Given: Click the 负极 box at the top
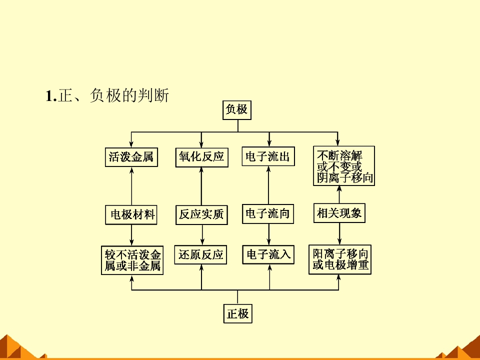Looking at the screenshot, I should pos(236,110).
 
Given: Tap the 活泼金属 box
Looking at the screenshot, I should pos(131,157).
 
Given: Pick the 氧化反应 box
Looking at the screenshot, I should pos(201,157).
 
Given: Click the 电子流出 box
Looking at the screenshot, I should pos(268,157).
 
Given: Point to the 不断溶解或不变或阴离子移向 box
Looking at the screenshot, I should pos(344,166).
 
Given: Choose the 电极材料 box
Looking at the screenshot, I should pos(132,215).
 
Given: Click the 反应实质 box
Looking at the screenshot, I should pos(201,215).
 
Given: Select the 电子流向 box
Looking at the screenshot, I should pos(268,214).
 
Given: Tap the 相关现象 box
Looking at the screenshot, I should pos(339,213).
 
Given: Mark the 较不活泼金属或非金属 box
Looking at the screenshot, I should pos(132,260).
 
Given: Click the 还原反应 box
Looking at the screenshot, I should pos(200,254).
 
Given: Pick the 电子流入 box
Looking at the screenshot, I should pos(268,254).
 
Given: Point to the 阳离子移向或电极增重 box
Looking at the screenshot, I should pos(340,259).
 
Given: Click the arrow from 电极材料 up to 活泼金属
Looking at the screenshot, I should pos(131,185).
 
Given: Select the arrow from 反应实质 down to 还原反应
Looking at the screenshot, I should pos(201,235).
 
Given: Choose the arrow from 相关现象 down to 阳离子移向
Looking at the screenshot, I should pos(340,233).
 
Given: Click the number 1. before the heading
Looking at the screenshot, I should pos(51,95).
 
